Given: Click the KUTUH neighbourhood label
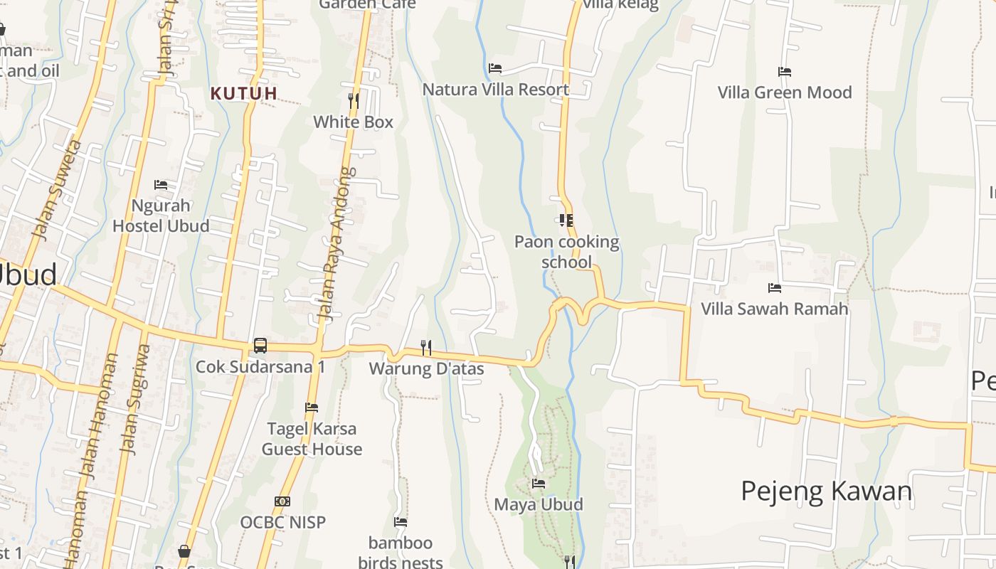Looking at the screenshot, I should [244, 93].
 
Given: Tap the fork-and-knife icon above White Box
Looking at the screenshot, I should [354, 100].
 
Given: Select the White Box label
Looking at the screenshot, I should [354, 122].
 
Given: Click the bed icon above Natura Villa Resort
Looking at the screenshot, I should [495, 68].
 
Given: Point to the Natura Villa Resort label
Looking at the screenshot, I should [496, 90].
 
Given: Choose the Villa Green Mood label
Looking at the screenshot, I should [784, 92].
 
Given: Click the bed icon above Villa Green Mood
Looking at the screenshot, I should [785, 72].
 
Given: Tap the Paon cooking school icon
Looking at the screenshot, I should [566, 220].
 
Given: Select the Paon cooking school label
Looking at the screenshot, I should [566, 252].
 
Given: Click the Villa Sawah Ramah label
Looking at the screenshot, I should [775, 309].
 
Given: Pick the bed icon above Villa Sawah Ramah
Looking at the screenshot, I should [775, 288].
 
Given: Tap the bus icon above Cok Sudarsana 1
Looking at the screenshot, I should [260, 346].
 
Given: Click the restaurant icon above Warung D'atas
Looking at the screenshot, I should [426, 347].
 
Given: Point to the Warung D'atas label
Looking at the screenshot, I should [426, 368].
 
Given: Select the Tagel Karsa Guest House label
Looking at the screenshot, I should [312, 439].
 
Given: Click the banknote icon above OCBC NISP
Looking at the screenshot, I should [282, 501].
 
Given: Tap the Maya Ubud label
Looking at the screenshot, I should [539, 504].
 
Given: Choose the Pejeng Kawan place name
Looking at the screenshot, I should [826, 491].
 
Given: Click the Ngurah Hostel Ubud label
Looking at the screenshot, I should [161, 216].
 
